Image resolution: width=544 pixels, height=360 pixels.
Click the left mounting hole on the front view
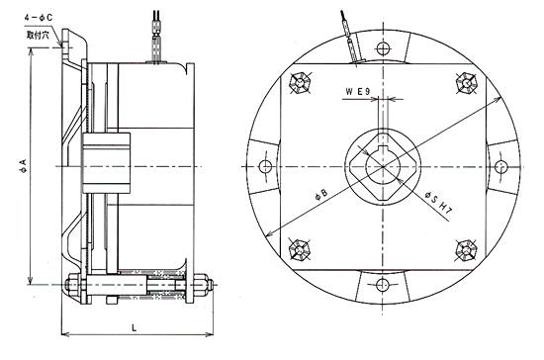265,165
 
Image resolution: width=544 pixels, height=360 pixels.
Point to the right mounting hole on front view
497,165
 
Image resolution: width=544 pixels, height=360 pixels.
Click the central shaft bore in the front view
381,165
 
